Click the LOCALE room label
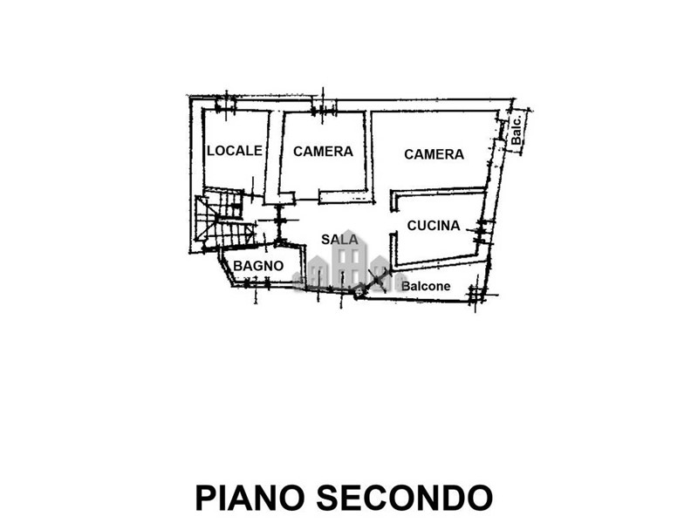click(x=235, y=151)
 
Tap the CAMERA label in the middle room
click(x=323, y=152)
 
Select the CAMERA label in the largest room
click(x=434, y=154)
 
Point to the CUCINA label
click(x=434, y=226)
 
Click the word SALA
click(x=339, y=239)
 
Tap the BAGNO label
click(x=257, y=265)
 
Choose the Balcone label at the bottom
click(x=427, y=286)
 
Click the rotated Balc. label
click(x=517, y=132)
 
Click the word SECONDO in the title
click(x=404, y=497)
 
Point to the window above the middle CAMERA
click(x=324, y=110)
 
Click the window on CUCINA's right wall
click(x=482, y=229)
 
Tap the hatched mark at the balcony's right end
click(x=476, y=295)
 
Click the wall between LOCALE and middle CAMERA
click(x=273, y=153)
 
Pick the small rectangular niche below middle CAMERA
click(x=346, y=196)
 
